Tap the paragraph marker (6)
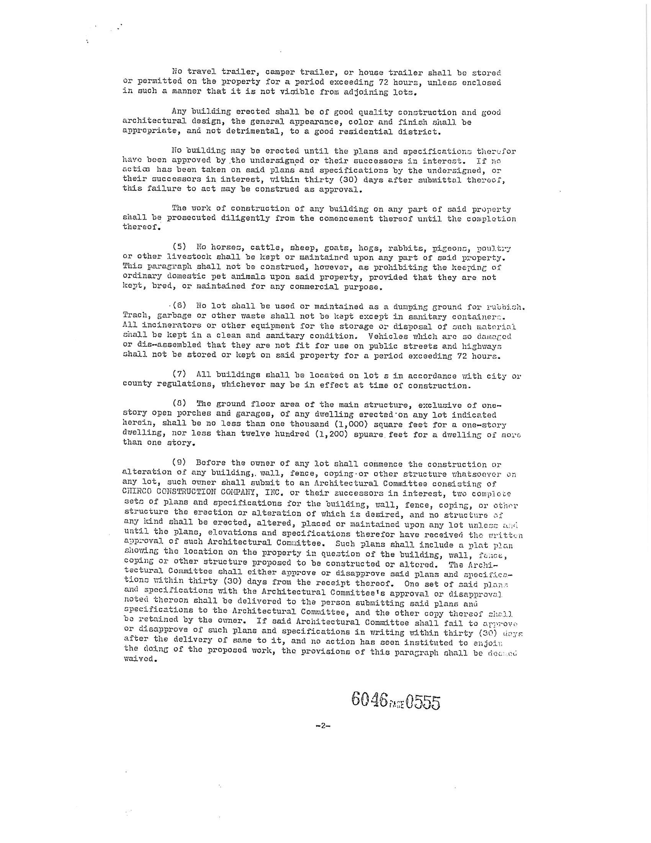(x=179, y=306)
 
